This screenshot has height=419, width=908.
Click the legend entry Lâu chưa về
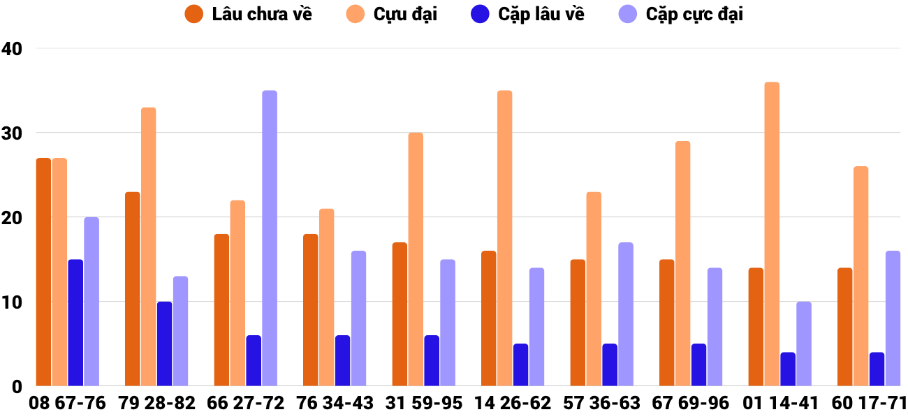click(x=249, y=14)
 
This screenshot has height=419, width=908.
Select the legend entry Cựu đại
click(x=391, y=14)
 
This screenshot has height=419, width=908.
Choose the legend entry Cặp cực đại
click(x=681, y=14)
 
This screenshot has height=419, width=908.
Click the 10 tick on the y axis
click(x=12, y=302)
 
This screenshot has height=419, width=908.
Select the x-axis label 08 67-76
click(x=67, y=403)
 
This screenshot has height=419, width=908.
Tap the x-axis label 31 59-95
click(x=423, y=403)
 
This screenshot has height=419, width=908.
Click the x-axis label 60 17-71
click(x=869, y=403)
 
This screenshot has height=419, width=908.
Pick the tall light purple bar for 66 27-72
click(x=270, y=238)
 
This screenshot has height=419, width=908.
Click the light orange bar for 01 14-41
click(x=772, y=234)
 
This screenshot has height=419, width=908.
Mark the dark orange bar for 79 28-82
click(x=133, y=288)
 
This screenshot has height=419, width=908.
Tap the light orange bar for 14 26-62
click(x=505, y=238)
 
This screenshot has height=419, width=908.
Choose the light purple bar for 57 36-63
click(x=626, y=314)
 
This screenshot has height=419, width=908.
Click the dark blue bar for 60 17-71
click(x=877, y=369)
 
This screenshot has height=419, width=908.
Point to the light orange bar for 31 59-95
click(x=416, y=259)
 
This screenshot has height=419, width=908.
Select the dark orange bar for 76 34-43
click(x=311, y=310)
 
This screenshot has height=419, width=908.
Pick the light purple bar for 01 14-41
click(x=804, y=344)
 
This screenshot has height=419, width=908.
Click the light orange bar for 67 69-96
click(x=683, y=263)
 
